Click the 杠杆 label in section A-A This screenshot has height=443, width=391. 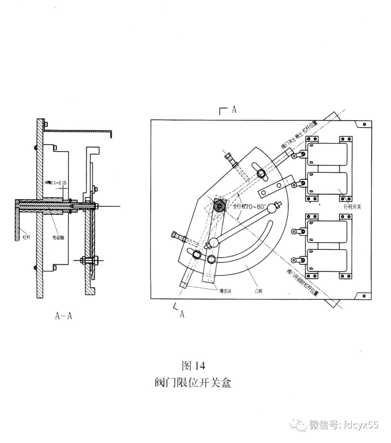(26, 238)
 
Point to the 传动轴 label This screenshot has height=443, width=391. (58, 238)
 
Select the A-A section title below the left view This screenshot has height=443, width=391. (64, 316)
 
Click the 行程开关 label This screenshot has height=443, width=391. (352, 207)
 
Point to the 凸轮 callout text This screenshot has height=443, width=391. (258, 290)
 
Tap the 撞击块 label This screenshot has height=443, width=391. (225, 290)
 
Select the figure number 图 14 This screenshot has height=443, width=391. (193, 366)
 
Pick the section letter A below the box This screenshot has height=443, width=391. (182, 314)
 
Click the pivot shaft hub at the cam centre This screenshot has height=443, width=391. (220, 206)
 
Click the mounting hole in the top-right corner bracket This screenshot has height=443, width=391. (364, 124)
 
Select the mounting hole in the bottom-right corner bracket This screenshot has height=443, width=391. (364, 295)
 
